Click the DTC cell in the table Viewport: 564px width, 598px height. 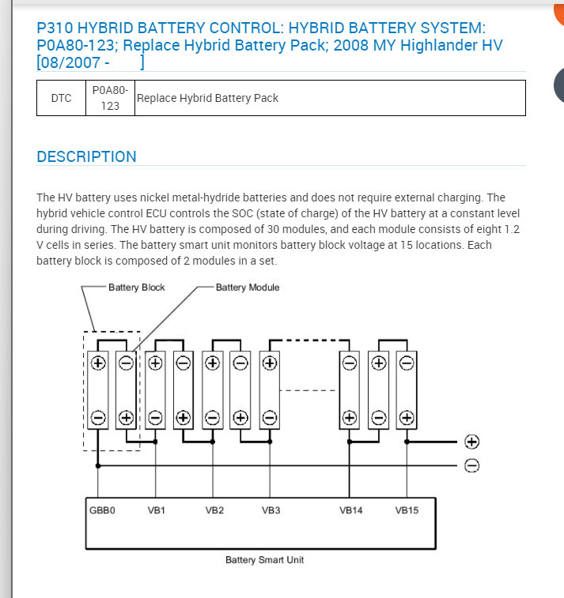coord(61,98)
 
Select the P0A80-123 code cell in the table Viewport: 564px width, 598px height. coord(110,98)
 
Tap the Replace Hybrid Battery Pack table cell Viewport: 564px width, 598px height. coord(208,98)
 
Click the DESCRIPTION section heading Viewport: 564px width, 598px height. coord(86,156)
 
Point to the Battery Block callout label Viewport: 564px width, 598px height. coord(137,288)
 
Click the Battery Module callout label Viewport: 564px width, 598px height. coord(248,288)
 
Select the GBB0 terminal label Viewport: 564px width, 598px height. coord(102,510)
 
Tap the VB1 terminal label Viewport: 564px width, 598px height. coord(157,510)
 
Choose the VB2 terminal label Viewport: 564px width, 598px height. coord(214,510)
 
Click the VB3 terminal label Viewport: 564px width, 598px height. coord(271,510)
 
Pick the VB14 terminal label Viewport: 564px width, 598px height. coord(351,510)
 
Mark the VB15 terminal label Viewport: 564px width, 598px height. coord(407,510)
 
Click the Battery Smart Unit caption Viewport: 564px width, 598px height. coord(264,560)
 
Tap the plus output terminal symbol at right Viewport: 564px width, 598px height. coord(472,442)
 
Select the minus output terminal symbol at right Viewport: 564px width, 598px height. coord(472,465)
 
